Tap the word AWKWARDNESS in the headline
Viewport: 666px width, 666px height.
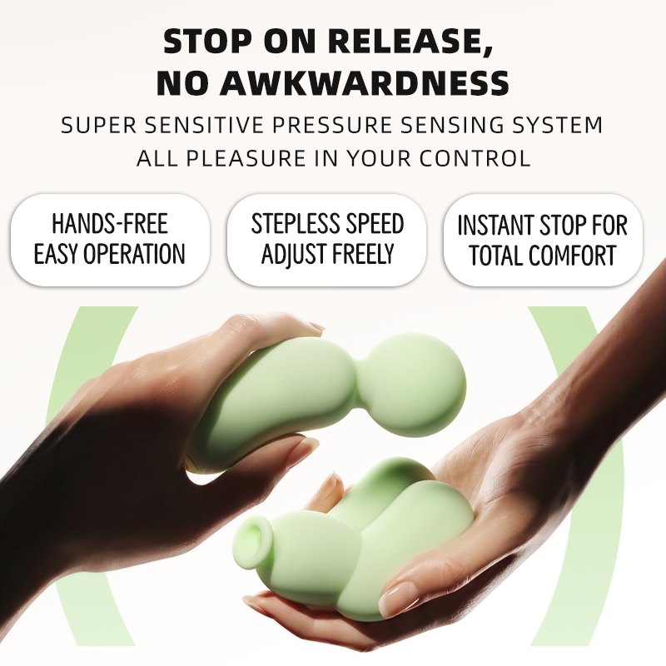(364, 82)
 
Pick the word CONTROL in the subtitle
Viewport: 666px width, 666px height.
(475, 158)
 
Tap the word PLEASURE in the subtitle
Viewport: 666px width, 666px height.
(246, 158)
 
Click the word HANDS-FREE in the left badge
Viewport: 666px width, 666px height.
(110, 223)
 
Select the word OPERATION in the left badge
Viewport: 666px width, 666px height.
(134, 254)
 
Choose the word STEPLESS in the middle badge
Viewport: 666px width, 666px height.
(289, 223)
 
